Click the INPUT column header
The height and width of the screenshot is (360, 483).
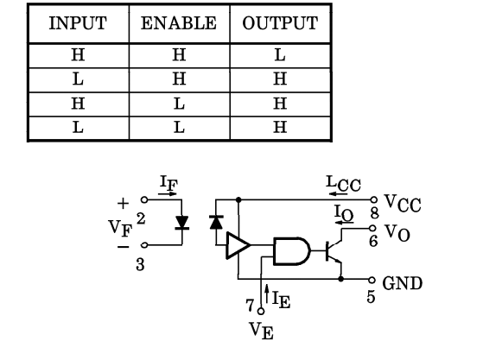point(78,23)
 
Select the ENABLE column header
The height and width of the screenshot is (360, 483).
point(179,23)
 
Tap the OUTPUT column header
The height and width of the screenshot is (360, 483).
point(280,23)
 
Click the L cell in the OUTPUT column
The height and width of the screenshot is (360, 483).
point(280,55)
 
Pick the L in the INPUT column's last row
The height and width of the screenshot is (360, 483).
point(78,127)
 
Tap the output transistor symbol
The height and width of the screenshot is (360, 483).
point(334,251)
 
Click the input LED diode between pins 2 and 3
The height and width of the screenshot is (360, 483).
point(181,223)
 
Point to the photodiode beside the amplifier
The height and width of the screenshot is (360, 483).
point(216,223)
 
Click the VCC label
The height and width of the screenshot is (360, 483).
point(403,204)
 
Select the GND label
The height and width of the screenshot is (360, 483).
point(403,283)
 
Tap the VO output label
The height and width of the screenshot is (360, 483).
point(397,233)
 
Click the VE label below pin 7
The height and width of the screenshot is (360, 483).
point(262,331)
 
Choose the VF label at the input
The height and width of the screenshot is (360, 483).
point(120,228)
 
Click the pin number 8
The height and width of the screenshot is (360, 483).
point(374,213)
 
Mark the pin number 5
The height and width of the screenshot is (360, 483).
point(372,297)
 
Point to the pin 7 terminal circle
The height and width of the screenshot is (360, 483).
point(261,312)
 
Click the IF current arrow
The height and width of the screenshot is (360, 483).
point(168,194)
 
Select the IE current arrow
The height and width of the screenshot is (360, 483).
point(267,294)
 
